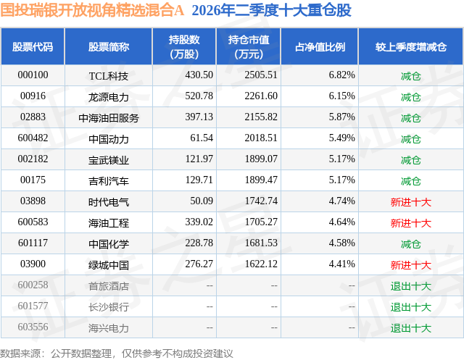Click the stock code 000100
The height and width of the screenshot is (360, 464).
pyautogui.click(x=33, y=75)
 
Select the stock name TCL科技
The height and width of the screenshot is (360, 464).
pyautogui.click(x=109, y=76)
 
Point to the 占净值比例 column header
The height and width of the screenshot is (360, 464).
pyautogui.click(x=320, y=46)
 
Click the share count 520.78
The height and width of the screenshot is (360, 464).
pyautogui.click(x=199, y=96)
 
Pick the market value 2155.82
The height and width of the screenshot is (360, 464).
pyautogui.click(x=261, y=117)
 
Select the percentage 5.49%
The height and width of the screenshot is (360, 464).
pyautogui.click(x=341, y=138)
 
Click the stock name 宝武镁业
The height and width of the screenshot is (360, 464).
pyautogui.click(x=109, y=160)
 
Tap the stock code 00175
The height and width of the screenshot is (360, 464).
pyautogui.click(x=33, y=180)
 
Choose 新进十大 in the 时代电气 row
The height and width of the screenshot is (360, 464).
pyautogui.click(x=411, y=202)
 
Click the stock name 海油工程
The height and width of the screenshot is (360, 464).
pyautogui.click(x=109, y=223)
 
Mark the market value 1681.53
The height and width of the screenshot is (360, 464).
pyautogui.click(x=261, y=243)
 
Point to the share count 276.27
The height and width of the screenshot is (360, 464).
pyautogui.click(x=199, y=264)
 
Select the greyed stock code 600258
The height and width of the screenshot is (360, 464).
pyautogui.click(x=33, y=285)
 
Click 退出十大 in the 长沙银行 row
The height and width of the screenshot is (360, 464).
pyautogui.click(x=411, y=307)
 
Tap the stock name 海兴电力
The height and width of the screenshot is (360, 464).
pyautogui.click(x=109, y=328)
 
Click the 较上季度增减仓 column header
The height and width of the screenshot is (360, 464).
pyautogui.click(x=411, y=46)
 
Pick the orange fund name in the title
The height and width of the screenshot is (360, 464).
pyautogui.click(x=92, y=10)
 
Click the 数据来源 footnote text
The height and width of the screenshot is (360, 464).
pyautogui.click(x=117, y=353)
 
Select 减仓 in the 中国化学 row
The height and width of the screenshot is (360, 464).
pyautogui.click(x=411, y=244)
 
